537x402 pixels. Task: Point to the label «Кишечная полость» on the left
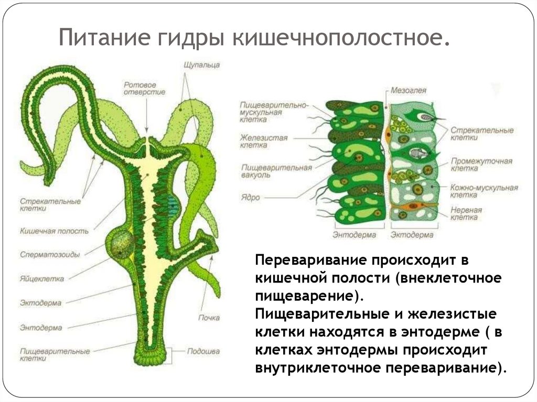pyautogui.click(x=55, y=230)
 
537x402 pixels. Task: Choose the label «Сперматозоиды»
pyautogui.click(x=50, y=254)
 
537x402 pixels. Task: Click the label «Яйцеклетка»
pyautogui.click(x=42, y=279)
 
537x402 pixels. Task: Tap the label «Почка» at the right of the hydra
pyautogui.click(x=209, y=318)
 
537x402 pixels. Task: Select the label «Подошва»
pyautogui.click(x=203, y=351)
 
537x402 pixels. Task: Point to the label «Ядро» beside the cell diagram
pyautogui.click(x=251, y=198)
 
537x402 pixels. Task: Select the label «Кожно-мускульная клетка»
pyautogui.click(x=484, y=191)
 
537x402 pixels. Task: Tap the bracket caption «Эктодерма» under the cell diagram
pyautogui.click(x=412, y=235)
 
